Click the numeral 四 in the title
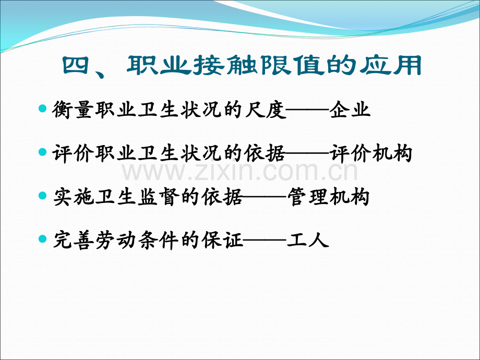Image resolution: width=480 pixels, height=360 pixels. coord(76,65)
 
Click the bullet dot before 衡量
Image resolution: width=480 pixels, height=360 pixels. coord(43,108)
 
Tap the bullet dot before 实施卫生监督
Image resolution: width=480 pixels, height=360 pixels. coord(43,196)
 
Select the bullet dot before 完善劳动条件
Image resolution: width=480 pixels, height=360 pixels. coord(43,239)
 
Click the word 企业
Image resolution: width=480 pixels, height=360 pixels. coord(350,109)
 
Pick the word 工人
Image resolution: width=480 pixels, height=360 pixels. coord(308,239)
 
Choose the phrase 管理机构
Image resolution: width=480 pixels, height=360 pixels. coord(329,197)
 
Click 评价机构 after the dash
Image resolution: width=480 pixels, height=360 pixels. coord(371,153)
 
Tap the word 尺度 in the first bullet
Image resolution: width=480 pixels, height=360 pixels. coord(266,109)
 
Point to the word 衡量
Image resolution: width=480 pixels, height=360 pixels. coord(73,109)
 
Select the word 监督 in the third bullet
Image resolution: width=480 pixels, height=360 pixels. coord(158,197)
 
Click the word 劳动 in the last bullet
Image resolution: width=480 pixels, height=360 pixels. coord(116,239)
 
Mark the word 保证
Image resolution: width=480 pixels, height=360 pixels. coord(223,239)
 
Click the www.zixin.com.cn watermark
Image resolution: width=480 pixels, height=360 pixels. coord(240,172)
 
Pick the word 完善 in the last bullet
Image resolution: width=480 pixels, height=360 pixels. coord(74,239)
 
